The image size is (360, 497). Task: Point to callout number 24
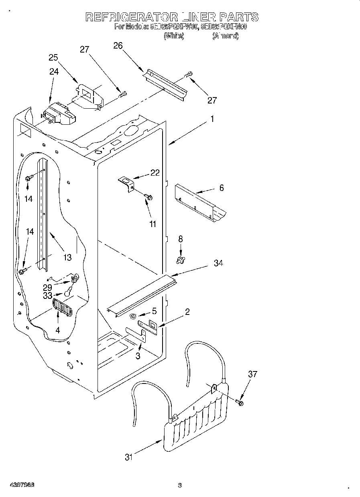[x=54, y=72]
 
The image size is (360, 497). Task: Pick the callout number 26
[x=118, y=45]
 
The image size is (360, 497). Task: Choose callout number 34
[x=218, y=263]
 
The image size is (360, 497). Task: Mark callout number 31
[x=128, y=457]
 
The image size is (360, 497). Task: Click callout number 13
[x=67, y=258]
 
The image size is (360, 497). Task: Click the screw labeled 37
[x=240, y=402]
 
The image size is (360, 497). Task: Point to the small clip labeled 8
[x=181, y=260]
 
